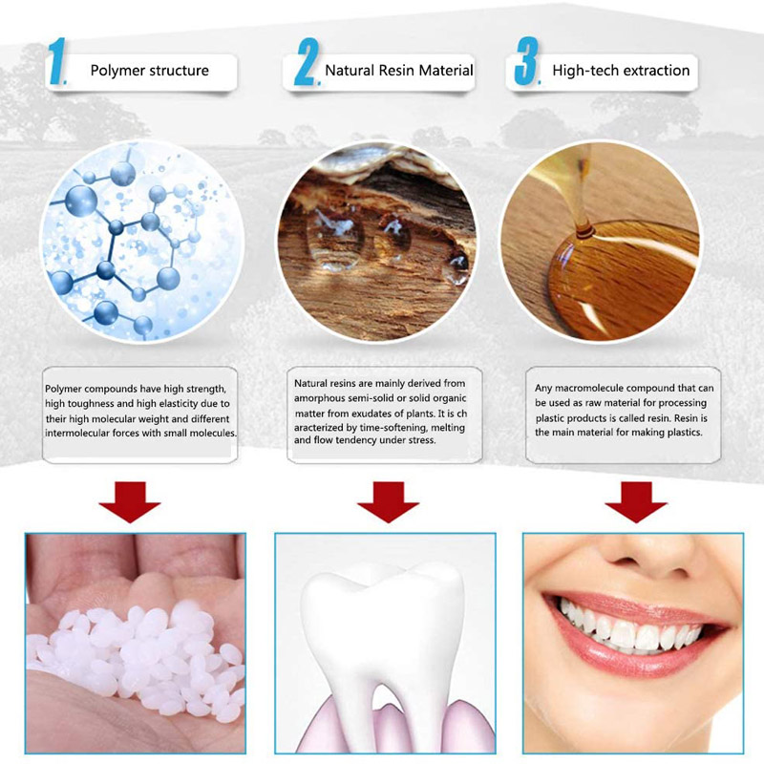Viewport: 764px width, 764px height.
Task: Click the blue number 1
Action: pyautogui.click(x=57, y=61)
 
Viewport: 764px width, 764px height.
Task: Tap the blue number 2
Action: pyautogui.click(x=307, y=62)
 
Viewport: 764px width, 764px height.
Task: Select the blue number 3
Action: pyautogui.click(x=527, y=61)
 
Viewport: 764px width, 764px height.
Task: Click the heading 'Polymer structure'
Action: pyautogui.click(x=150, y=71)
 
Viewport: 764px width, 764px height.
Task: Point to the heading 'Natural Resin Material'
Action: pyautogui.click(x=399, y=71)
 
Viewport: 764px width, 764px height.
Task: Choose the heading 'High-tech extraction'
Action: pyautogui.click(x=621, y=71)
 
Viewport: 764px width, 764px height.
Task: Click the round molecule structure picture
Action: pyautogui.click(x=141, y=242)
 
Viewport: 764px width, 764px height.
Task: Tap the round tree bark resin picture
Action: pyautogui.click(x=376, y=242)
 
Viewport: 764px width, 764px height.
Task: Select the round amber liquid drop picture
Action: pyautogui.click(x=601, y=242)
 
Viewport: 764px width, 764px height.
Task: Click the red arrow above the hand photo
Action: pyautogui.click(x=130, y=502)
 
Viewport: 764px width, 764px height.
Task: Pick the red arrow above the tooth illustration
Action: pyautogui.click(x=388, y=502)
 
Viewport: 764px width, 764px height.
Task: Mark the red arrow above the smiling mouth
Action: pyautogui.click(x=636, y=502)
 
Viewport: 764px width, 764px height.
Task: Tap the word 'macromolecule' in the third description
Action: pyautogui.click(x=588, y=389)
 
